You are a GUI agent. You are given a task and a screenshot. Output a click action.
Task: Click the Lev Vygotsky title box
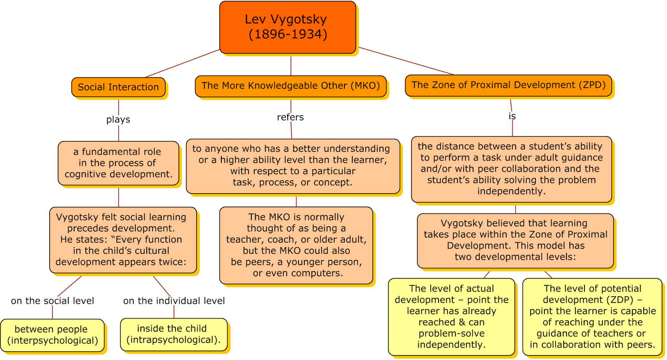tap(288, 27)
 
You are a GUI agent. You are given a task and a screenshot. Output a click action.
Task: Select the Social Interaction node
tap(118, 87)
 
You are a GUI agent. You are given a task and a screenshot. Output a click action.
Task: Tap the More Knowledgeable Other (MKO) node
tap(291, 86)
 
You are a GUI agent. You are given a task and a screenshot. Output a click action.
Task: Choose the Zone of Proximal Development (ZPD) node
tap(508, 85)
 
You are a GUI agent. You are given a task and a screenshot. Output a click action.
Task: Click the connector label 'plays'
tap(118, 120)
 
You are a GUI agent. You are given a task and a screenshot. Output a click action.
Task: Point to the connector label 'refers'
tap(291, 117)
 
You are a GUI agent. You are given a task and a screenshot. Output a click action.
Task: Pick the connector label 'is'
tap(512, 116)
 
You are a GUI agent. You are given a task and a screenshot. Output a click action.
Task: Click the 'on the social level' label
tap(53, 301)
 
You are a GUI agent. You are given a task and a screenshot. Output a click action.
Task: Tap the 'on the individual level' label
tap(174, 301)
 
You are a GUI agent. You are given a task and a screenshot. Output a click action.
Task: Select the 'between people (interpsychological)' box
tap(53, 335)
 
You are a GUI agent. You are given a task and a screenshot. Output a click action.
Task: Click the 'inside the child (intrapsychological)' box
tap(173, 334)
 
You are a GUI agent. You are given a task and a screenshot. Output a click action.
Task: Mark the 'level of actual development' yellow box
tap(451, 317)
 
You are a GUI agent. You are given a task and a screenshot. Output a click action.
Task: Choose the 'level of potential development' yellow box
tap(592, 317)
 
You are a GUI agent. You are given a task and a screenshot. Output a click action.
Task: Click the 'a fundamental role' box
tap(118, 163)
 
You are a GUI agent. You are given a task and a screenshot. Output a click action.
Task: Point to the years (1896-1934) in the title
tap(288, 34)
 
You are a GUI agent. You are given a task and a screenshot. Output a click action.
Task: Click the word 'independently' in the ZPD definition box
tap(511, 191)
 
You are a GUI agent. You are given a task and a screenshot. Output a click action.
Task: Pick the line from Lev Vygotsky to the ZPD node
tap(406, 61)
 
